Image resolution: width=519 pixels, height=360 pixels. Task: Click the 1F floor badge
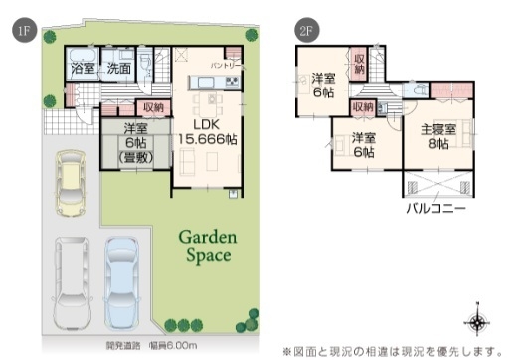pos(20,32)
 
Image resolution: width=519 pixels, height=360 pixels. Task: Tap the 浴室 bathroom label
pos(82,70)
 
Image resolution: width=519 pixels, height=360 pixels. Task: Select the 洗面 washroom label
pos(118,70)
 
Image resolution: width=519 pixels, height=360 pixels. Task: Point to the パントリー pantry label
pos(222,66)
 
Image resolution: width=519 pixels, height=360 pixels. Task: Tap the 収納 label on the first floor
pos(152,107)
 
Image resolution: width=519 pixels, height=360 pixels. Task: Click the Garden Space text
pos(204,246)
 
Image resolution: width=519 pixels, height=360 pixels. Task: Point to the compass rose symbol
pos(477,320)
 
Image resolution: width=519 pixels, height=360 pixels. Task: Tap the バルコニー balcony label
pos(435,210)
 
